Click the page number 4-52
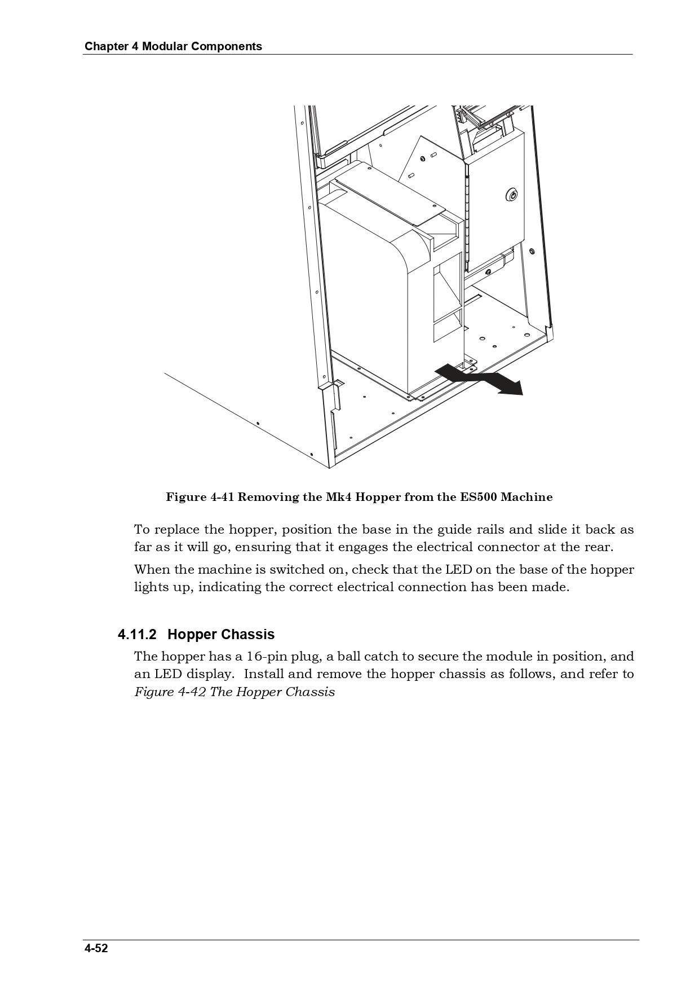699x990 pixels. [96, 948]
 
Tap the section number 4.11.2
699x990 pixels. [137, 635]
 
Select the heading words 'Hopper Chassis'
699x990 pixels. [221, 635]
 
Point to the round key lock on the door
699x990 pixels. [511, 195]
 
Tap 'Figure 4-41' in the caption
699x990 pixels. [200, 497]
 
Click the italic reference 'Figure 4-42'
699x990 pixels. [170, 692]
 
